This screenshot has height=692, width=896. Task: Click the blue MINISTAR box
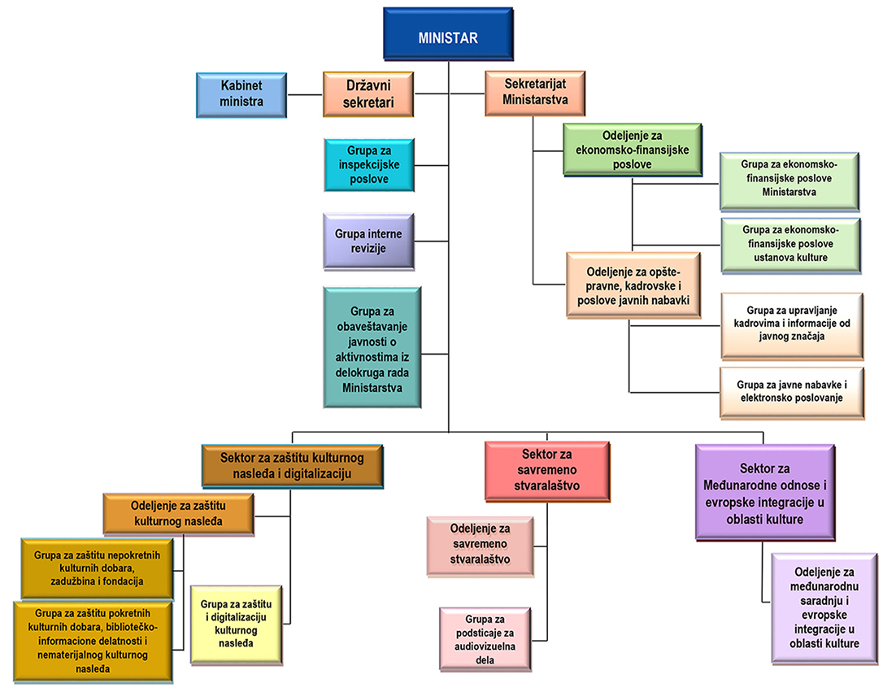(448, 37)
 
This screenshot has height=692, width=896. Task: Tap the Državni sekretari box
(368, 94)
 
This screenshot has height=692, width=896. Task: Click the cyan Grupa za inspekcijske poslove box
(368, 165)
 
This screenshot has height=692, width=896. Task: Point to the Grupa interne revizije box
(368, 241)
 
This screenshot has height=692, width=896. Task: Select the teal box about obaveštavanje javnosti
(372, 347)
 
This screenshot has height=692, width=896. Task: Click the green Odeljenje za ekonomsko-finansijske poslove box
(632, 150)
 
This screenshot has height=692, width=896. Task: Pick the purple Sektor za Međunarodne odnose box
(765, 492)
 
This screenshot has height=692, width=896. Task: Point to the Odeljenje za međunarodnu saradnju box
(824, 608)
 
